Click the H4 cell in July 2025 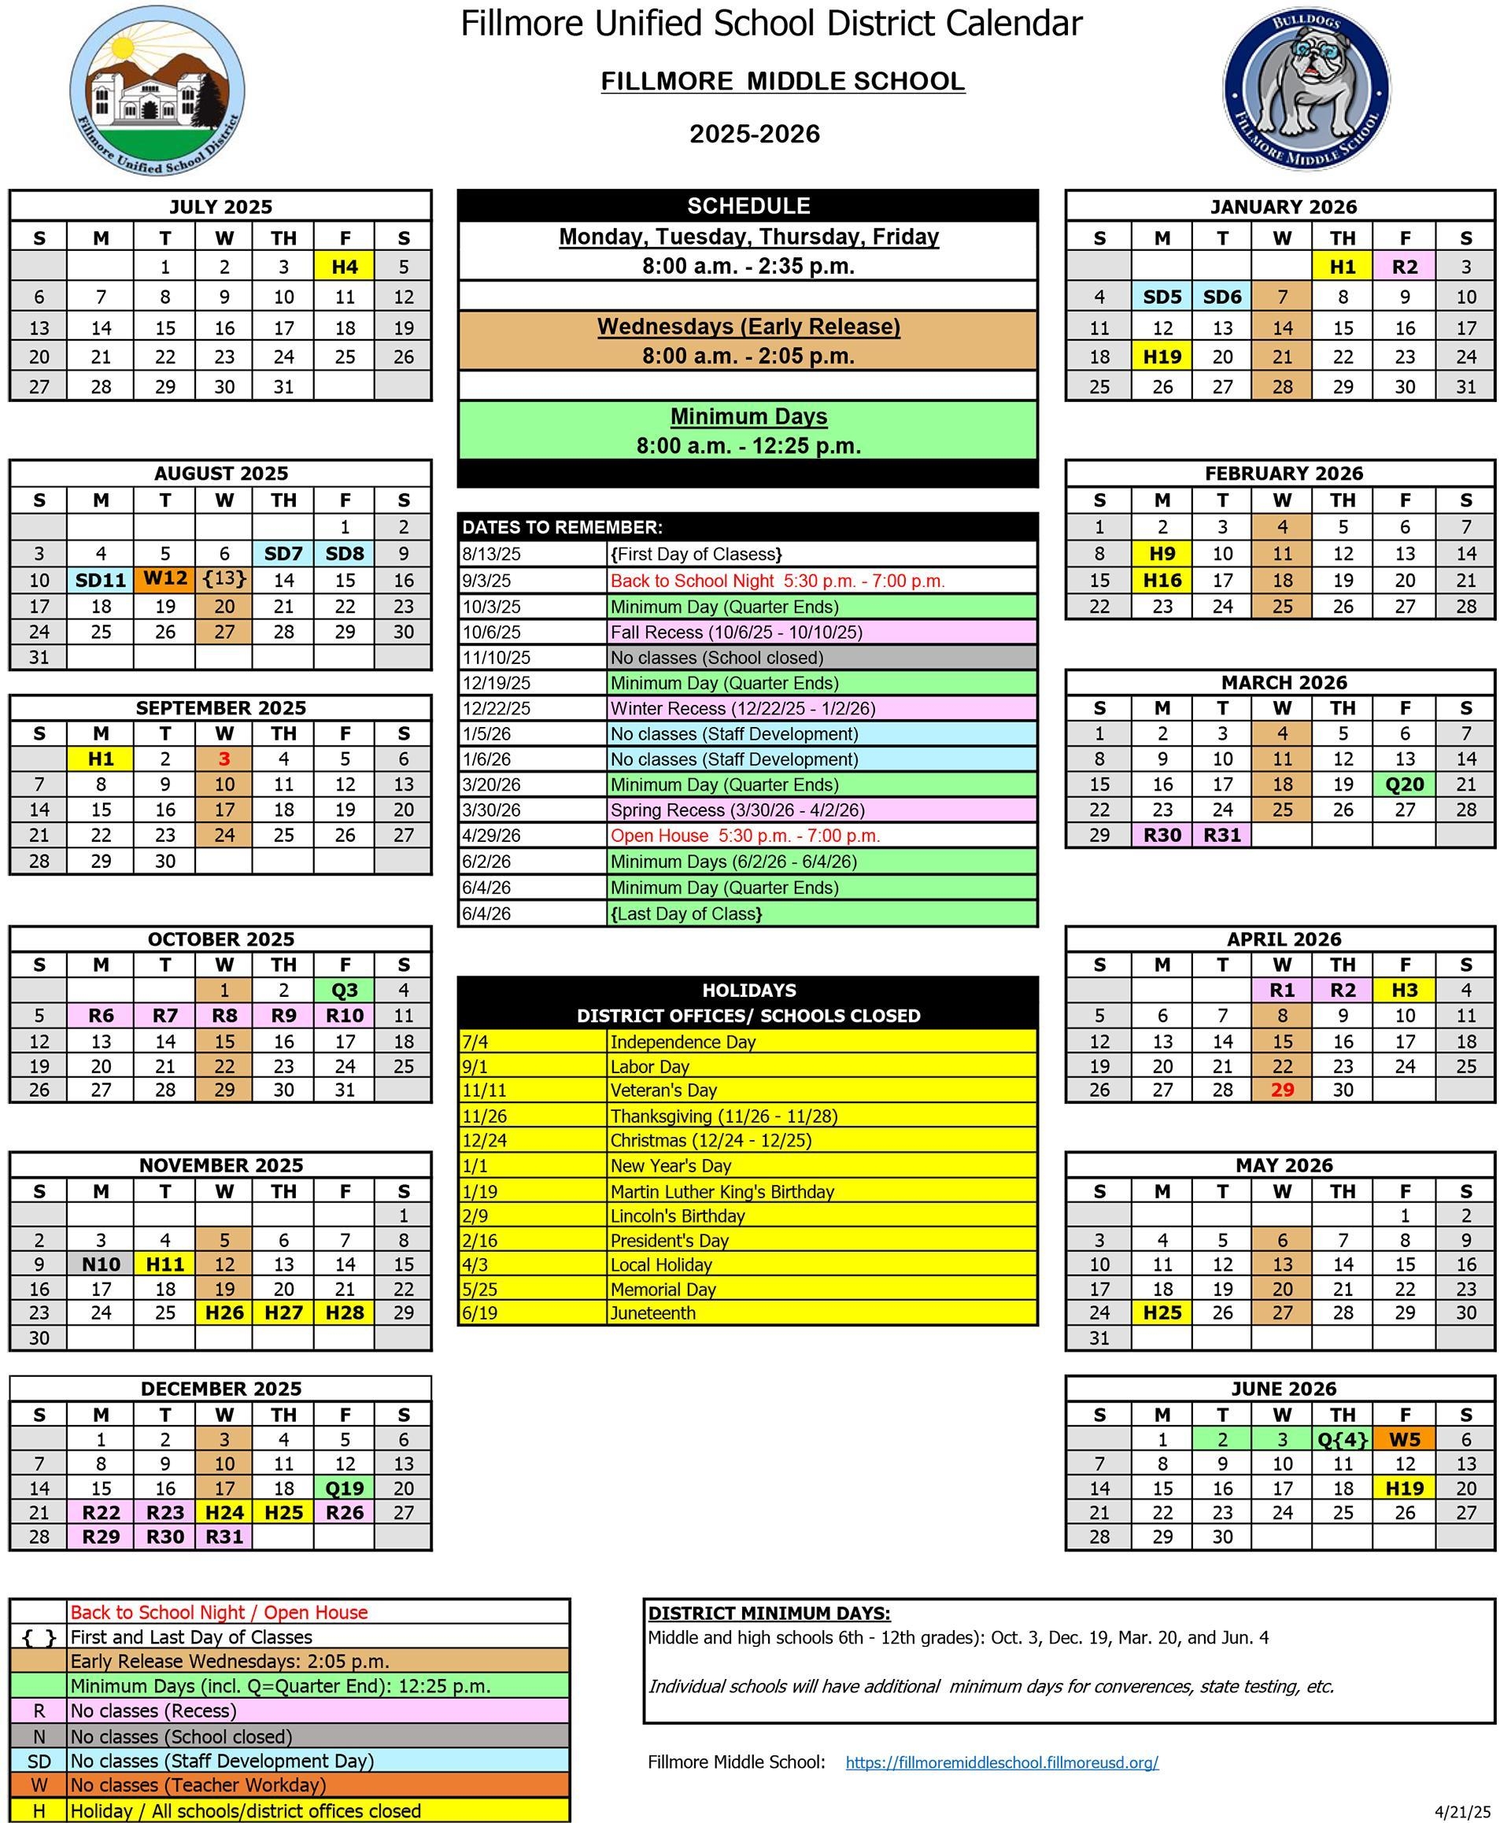coord(345,267)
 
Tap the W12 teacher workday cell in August coord(165,579)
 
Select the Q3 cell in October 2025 coord(345,991)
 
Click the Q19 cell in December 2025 coord(345,1488)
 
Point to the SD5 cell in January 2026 coord(1162,297)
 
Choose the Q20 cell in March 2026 coord(1404,784)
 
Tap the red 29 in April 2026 coord(1282,1090)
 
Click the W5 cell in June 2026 coord(1404,1439)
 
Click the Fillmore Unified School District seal coord(157,90)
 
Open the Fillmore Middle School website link coord(1001,1762)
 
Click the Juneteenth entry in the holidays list coord(653,1313)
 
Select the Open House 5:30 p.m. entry coord(745,836)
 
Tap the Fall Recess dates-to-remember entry coord(737,632)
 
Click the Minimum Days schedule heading coord(748,417)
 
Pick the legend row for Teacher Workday coord(198,1784)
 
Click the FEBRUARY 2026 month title coord(1283,474)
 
